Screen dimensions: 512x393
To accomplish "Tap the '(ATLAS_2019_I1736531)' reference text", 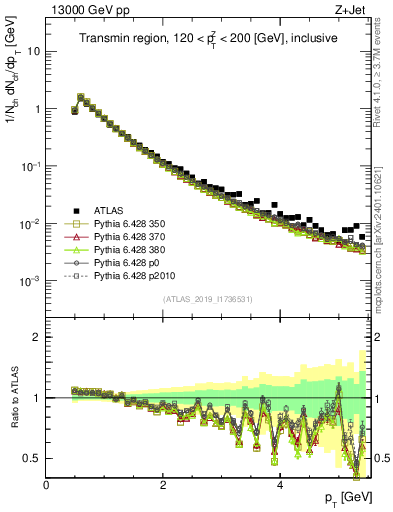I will point(208,299).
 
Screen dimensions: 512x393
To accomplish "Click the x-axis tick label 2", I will point(163,485).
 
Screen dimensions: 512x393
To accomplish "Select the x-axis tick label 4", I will point(279,485).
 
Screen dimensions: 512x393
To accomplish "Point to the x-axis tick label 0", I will point(47,485).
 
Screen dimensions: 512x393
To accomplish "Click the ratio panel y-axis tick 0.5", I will point(33,458).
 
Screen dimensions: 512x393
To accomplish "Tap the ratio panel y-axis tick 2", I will point(37,337).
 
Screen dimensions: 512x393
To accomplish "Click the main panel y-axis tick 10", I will point(35,50).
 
